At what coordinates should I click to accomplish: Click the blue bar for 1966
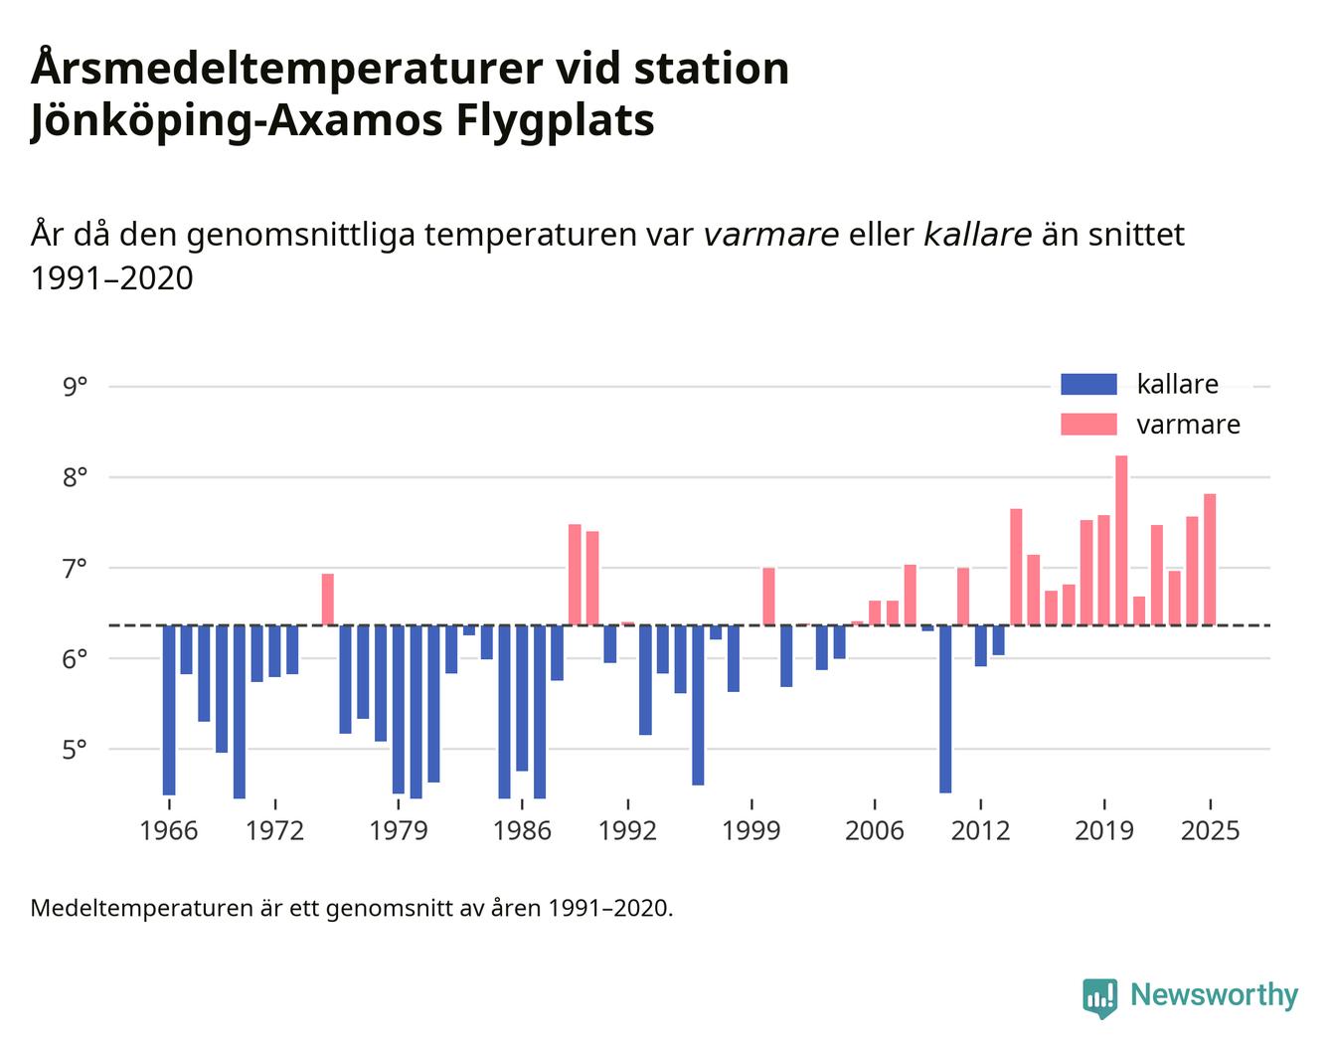169,710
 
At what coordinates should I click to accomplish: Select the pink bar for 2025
1210,560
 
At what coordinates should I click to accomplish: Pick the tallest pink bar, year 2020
1121,541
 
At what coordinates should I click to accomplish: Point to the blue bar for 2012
980,645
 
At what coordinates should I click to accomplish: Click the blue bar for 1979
398,709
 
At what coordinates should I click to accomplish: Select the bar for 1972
274,650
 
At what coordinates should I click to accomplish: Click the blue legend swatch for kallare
1088,385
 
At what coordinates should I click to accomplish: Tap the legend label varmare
1188,425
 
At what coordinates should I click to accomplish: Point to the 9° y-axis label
75,386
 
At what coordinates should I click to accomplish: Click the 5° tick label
75,749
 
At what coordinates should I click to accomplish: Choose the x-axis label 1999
751,829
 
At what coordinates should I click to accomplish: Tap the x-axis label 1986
522,829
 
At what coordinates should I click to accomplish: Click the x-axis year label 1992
627,829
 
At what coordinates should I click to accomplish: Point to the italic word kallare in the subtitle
977,235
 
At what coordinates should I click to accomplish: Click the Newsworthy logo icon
1099,996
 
